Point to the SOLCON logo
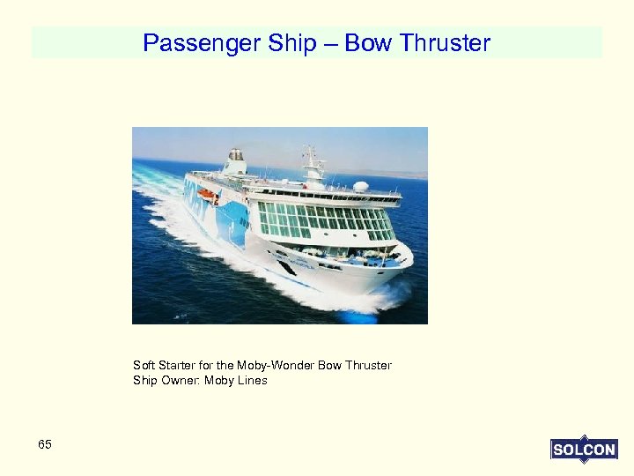pos(584,450)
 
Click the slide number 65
pos(45,444)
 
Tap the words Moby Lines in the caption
pos(235,381)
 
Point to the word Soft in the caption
pos(143,365)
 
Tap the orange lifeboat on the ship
pos(206,192)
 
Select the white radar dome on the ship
pos(361,187)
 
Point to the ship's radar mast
pos(312,163)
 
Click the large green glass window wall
pos(326,220)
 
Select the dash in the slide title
pos(330,43)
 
